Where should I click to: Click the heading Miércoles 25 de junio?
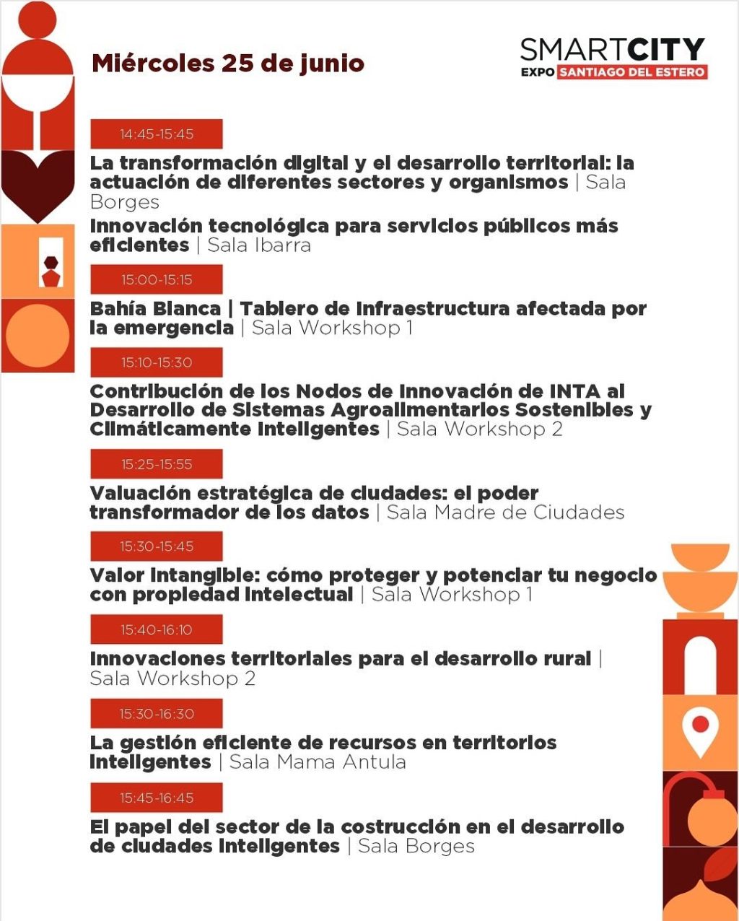pos(227,64)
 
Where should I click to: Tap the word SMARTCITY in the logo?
pos(612,49)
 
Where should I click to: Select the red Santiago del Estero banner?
pos(632,72)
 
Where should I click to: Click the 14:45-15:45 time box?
pos(157,134)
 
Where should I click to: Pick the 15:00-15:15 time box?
pos(157,280)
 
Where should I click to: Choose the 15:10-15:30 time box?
pos(157,362)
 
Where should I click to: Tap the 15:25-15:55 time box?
pos(157,464)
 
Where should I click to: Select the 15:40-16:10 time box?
pos(157,630)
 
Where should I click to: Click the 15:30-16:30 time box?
pos(157,714)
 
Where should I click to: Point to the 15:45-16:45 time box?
pos(157,798)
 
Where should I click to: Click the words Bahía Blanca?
pos(155,309)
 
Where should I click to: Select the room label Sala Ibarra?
pos(259,245)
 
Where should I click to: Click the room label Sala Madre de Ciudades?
pos(505,512)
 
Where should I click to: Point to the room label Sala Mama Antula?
pos(318,762)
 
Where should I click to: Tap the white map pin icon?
pos(699,730)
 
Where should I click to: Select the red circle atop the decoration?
pos(38,19)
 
